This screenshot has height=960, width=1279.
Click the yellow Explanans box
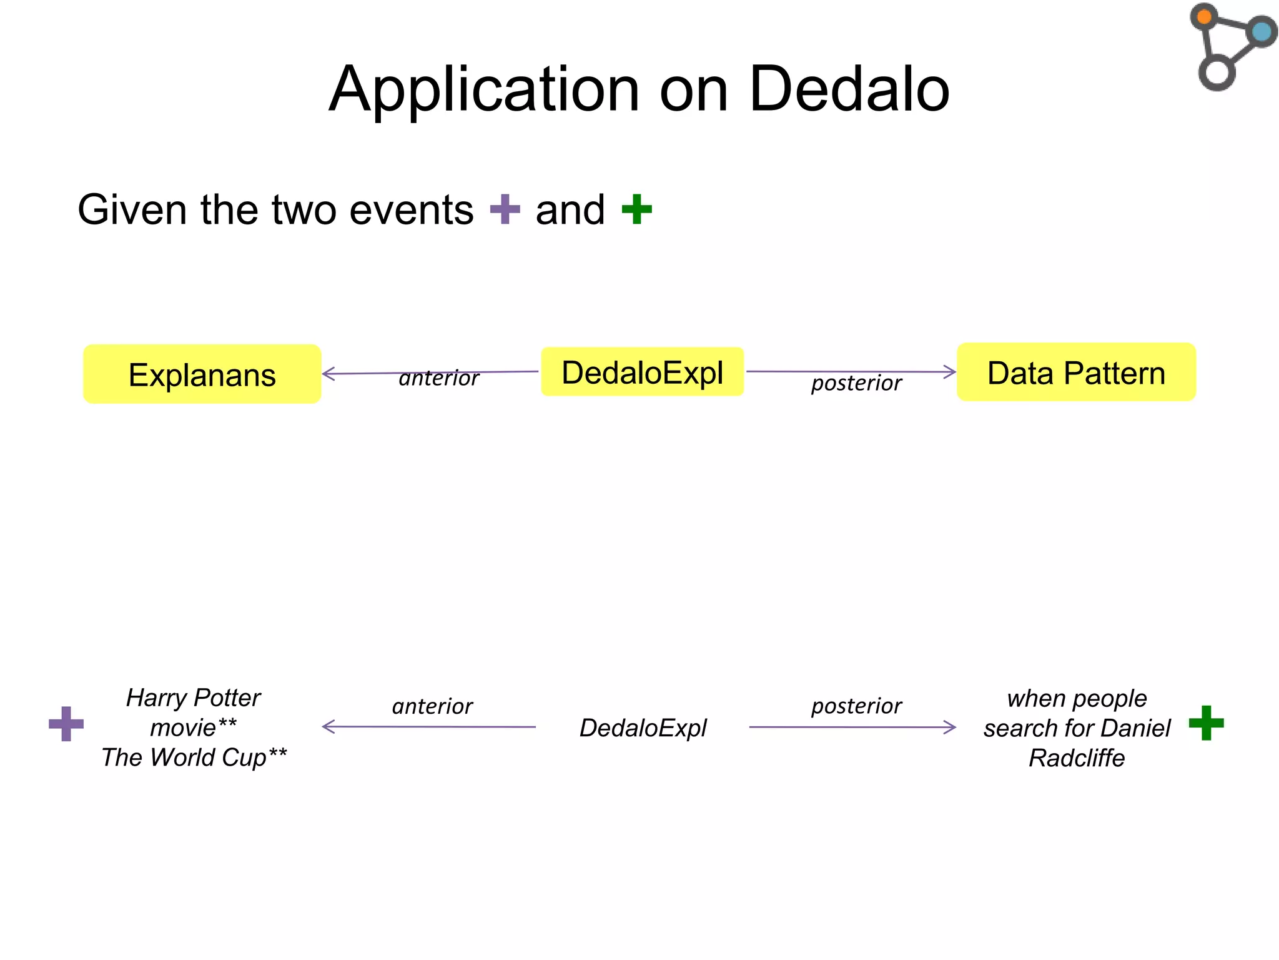tap(202, 374)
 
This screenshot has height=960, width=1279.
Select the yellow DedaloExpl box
tap(642, 372)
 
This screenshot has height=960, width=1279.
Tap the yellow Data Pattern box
tap(1075, 372)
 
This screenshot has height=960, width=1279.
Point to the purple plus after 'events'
tap(505, 209)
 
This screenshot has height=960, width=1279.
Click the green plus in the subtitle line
tap(636, 209)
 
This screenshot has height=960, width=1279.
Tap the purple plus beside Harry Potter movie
tap(66, 724)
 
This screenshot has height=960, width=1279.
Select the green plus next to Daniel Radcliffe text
tap(1206, 723)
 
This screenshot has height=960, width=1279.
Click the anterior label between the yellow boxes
tap(438, 378)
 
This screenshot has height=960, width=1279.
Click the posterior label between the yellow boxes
tap(856, 382)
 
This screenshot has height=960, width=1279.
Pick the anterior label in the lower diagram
tap(432, 706)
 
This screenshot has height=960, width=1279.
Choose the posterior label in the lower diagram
tap(856, 706)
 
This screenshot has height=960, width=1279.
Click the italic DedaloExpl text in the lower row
tap(643, 727)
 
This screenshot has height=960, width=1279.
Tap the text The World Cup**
tap(194, 757)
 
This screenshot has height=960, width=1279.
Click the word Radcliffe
tap(1076, 757)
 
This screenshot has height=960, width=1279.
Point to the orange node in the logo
tap(1204, 16)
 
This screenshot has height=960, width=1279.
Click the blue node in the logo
tap(1262, 31)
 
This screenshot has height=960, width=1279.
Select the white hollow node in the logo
tap(1217, 72)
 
